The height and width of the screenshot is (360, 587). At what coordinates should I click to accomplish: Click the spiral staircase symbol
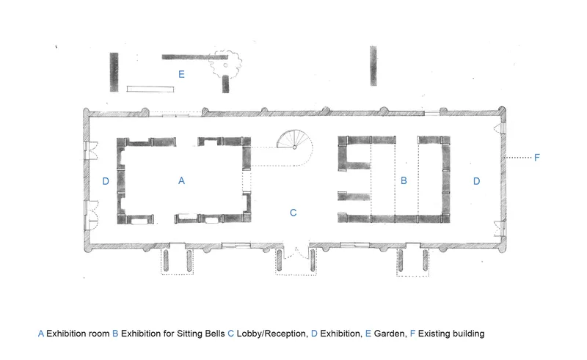click(x=294, y=140)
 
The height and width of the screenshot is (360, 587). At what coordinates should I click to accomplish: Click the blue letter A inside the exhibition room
click(x=181, y=181)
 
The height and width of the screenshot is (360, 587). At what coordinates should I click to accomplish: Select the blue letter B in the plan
click(x=404, y=181)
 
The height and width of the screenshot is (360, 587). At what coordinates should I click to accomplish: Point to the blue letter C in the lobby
click(x=293, y=213)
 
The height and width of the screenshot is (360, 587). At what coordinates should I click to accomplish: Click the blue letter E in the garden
click(x=181, y=74)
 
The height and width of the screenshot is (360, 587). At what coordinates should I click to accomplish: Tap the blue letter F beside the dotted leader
click(x=537, y=158)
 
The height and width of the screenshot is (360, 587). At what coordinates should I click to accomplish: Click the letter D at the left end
click(x=106, y=181)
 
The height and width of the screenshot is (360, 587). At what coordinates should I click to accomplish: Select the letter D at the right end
click(x=476, y=181)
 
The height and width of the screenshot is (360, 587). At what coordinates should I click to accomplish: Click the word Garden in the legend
click(x=390, y=334)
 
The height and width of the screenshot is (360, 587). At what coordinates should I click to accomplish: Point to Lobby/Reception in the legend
click(x=271, y=334)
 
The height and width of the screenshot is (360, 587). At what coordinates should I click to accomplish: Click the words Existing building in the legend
click(x=451, y=334)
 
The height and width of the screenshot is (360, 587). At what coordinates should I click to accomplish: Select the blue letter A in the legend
click(x=41, y=334)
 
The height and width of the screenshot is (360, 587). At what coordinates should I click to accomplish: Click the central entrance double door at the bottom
click(x=296, y=252)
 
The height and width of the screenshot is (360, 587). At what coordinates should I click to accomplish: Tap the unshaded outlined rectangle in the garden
click(x=150, y=89)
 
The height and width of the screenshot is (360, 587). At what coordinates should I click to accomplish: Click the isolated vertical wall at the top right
click(x=373, y=66)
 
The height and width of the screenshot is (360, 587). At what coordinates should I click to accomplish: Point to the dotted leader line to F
click(x=519, y=158)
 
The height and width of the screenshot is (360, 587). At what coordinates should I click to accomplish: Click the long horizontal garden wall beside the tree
click(x=194, y=57)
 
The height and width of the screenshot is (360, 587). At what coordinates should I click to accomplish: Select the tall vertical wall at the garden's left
click(x=114, y=72)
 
